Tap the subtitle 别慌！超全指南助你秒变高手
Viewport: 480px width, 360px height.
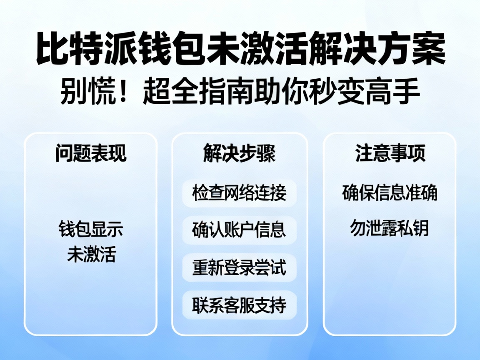point(240,92)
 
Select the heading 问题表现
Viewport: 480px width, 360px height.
point(90,153)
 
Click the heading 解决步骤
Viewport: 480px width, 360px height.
point(239,153)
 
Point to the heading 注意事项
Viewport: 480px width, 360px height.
point(390,153)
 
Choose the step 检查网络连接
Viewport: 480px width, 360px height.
point(239,193)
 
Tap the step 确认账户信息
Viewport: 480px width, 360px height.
point(239,230)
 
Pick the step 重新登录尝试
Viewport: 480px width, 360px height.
point(239,267)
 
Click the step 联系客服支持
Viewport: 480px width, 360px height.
point(239,305)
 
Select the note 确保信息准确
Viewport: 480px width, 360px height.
point(390,193)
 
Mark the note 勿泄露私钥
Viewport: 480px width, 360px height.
point(390,228)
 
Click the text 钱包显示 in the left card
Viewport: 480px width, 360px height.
point(91,230)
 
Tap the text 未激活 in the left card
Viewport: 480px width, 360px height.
point(91,255)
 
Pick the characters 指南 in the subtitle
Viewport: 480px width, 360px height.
point(213,92)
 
